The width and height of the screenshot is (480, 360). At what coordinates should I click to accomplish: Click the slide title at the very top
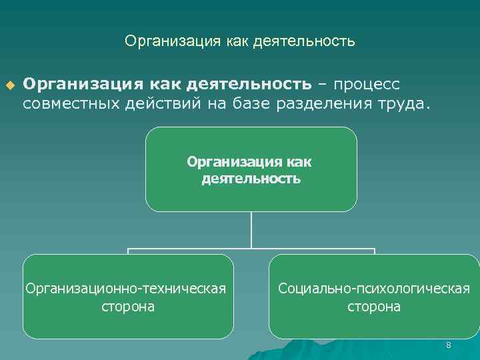(239, 41)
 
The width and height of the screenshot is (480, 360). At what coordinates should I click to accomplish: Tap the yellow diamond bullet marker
(9, 85)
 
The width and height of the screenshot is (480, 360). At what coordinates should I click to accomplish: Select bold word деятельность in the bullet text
(249, 84)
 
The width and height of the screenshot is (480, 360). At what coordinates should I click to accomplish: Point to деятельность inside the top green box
(251, 179)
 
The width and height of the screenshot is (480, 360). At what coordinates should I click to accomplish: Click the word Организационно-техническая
(125, 289)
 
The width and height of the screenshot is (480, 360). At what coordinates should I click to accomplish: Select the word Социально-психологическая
(374, 289)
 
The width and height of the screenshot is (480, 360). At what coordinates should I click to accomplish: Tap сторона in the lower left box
(128, 307)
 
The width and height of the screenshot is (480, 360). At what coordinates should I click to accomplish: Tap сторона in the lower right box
(374, 307)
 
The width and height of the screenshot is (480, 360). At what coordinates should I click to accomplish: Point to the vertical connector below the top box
(251, 230)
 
